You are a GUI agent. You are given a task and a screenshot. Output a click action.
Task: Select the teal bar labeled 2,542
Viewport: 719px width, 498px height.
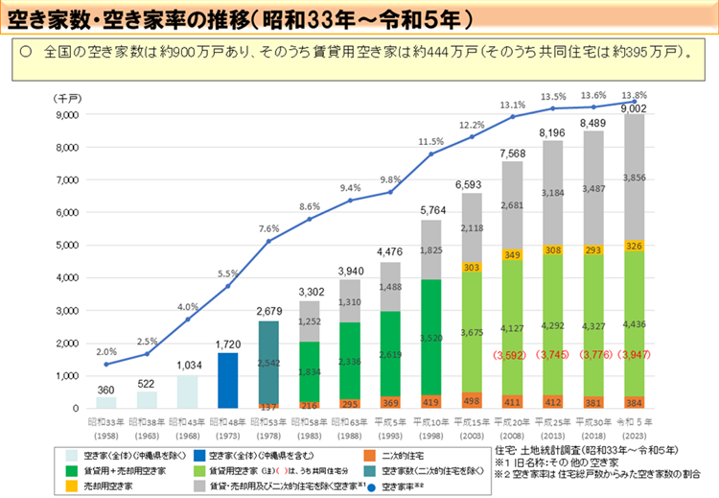269,364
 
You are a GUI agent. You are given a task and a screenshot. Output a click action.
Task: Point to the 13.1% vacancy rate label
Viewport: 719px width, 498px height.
512,105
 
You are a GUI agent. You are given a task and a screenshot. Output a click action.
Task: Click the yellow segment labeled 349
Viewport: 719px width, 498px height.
512,254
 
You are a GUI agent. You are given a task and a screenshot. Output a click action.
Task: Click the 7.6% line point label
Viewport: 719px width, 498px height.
268,228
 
